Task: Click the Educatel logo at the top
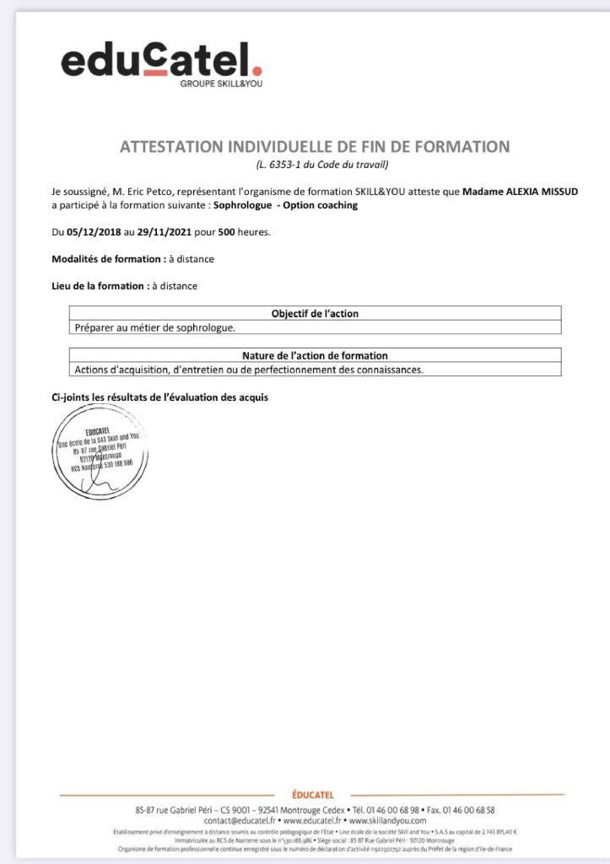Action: (161, 61)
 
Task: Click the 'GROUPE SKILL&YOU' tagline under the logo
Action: (221, 84)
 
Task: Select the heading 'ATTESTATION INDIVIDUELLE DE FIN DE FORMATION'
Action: (315, 147)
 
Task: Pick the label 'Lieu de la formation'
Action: (98, 286)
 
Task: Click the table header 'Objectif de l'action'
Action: (314, 313)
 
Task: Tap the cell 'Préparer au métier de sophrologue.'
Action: (155, 327)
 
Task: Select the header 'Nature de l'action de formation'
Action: (314, 355)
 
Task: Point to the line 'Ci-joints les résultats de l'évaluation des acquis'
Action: (160, 397)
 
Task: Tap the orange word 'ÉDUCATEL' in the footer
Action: (312, 795)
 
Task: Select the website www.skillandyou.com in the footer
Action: (387, 819)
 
